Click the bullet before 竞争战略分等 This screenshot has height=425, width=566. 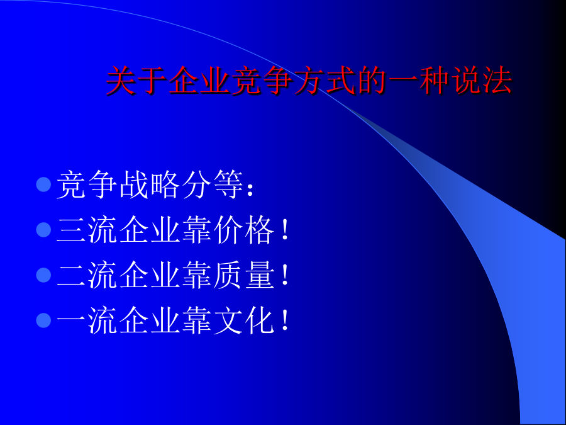point(43,184)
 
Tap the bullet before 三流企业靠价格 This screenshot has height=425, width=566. point(43,230)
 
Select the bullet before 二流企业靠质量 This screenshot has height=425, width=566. point(43,275)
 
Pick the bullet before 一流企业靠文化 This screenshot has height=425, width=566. point(43,320)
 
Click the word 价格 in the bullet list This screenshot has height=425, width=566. point(243,230)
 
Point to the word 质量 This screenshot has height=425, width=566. point(243,275)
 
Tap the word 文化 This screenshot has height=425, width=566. point(243,321)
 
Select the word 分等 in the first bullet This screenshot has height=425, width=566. point(213,184)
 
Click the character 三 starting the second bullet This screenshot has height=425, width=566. point(71,230)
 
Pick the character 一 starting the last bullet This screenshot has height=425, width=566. point(71,320)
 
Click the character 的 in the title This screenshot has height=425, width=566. point(372,80)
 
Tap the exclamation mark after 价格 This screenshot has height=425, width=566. point(285,230)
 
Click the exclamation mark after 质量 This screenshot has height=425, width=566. point(285,276)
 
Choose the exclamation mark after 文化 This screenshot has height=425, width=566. point(285,321)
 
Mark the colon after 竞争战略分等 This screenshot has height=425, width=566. point(250,190)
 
